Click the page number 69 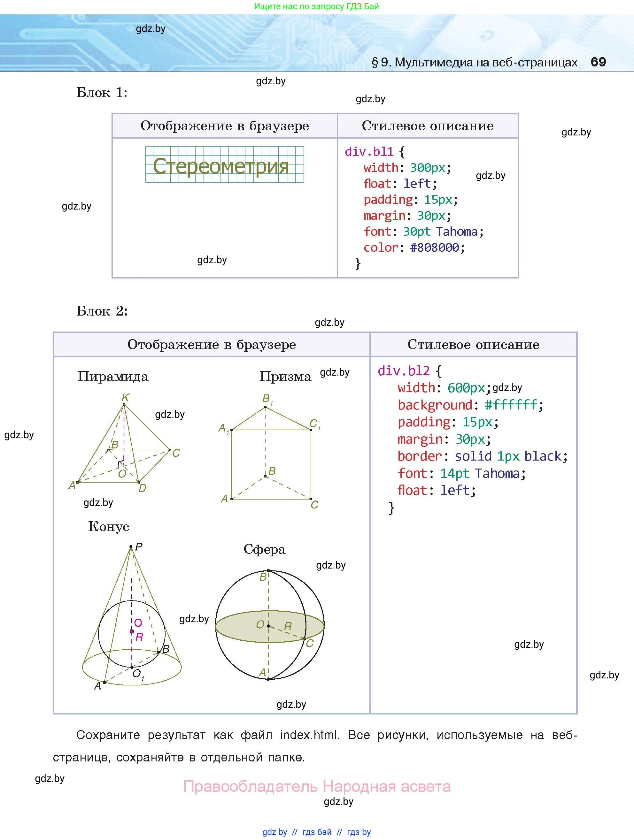click(x=598, y=62)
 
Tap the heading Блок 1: click(x=102, y=93)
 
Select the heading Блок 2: click(x=102, y=311)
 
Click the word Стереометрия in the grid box click(x=221, y=166)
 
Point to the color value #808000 click(x=435, y=248)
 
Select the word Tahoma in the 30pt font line click(x=457, y=232)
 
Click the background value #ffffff click(x=511, y=405)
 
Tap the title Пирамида click(x=113, y=377)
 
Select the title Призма click(x=285, y=377)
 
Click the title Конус click(x=109, y=527)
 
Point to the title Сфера click(x=264, y=549)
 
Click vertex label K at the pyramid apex click(x=126, y=398)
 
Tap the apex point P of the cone click(x=131, y=547)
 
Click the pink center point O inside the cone click(x=132, y=631)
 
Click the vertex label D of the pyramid click(x=143, y=488)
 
